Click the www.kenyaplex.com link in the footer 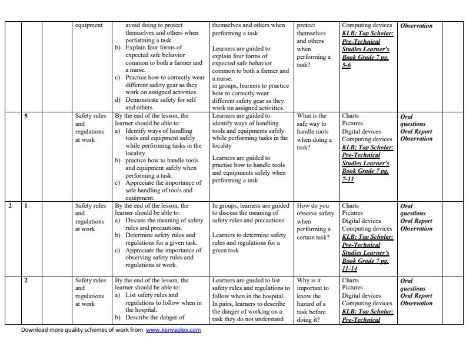tap(173, 330)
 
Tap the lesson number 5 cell tap(26, 116)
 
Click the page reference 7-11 tap(348, 179)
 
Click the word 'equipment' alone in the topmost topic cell tap(89, 25)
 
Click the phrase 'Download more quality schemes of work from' tap(82, 330)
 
